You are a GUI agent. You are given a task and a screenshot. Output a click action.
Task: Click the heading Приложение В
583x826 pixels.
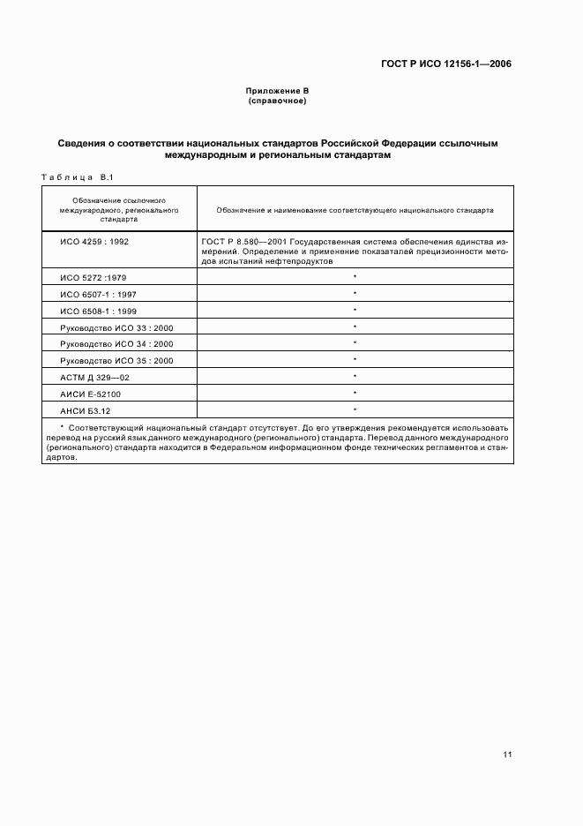point(277,92)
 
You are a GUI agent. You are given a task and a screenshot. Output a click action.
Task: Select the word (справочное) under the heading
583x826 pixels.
point(277,101)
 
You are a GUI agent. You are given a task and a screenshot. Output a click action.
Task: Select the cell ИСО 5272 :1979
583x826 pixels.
point(93,277)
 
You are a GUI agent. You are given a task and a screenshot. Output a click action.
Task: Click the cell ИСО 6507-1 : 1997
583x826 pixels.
point(98,294)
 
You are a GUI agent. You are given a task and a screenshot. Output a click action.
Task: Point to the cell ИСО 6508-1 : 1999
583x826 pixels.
point(98,311)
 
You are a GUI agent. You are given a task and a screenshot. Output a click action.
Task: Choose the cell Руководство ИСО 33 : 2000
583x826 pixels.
point(116,327)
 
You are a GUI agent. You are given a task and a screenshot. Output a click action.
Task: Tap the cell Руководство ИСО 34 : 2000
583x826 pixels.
point(116,344)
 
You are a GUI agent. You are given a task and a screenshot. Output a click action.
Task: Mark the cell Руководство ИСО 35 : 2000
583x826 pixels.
point(116,361)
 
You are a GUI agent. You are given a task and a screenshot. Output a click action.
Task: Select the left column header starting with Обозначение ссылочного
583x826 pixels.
point(120,211)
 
